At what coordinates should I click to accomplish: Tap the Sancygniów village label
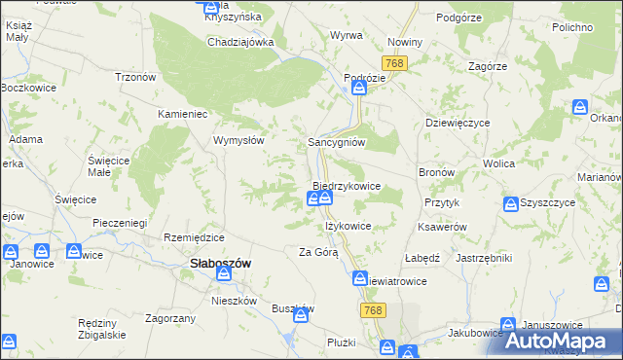(x=336, y=141)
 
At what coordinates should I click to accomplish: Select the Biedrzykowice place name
(x=346, y=185)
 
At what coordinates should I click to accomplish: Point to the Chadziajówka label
(x=240, y=43)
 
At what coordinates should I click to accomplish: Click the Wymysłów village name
(x=239, y=140)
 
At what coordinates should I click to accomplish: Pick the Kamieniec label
(x=185, y=114)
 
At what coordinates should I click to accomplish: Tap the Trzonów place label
(x=136, y=77)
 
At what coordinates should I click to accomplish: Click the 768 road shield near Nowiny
(x=394, y=63)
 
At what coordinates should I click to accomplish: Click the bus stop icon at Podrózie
(x=358, y=89)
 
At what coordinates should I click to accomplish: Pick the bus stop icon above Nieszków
(x=228, y=275)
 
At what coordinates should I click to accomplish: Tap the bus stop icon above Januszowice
(x=507, y=326)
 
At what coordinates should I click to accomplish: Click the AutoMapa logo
(x=564, y=341)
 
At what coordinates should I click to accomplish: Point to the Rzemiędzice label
(x=195, y=237)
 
